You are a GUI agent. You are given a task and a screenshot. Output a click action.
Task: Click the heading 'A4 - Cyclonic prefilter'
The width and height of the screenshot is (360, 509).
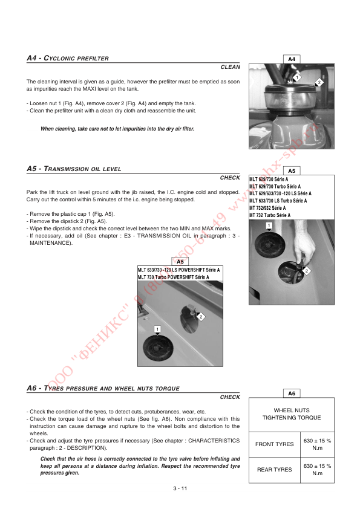pos(68,58)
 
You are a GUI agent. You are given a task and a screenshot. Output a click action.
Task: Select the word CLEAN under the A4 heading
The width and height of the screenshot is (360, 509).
pos(230,66)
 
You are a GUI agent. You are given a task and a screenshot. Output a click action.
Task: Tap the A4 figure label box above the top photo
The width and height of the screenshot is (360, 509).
pos(291,59)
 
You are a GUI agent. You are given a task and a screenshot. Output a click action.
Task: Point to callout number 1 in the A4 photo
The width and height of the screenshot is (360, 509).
pos(296,77)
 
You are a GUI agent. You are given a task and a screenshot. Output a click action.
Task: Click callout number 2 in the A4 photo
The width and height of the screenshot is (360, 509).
pos(319,83)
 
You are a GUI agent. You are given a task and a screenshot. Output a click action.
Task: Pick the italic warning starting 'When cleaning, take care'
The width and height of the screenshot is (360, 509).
pos(117,129)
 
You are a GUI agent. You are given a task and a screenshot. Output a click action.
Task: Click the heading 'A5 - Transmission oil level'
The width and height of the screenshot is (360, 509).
pos(74,169)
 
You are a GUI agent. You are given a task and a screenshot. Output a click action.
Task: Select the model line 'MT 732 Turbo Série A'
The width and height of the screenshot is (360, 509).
pos(270,215)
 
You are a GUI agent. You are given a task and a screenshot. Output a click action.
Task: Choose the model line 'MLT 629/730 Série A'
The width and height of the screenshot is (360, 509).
pos(269,180)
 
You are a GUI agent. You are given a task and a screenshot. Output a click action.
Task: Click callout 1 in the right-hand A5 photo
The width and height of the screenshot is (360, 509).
pos(268,225)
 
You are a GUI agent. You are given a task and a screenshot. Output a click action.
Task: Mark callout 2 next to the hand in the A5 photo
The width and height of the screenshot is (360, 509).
pos(307,271)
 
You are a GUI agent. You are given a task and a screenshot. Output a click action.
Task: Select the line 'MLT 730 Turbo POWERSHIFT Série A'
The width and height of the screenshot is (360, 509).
pos(174,277)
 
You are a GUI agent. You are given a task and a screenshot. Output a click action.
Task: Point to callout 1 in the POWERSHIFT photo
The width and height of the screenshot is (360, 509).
pos(157,328)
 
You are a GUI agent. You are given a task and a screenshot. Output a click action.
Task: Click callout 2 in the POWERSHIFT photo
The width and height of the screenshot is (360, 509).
pos(200,317)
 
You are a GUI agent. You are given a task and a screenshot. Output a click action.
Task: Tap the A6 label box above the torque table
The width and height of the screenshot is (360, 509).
pos(291,393)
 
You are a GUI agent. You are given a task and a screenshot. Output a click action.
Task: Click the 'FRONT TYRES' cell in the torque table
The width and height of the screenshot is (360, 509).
pos(274,444)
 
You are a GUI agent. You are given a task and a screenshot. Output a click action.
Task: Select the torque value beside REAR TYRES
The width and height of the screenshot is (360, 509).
pos(317,470)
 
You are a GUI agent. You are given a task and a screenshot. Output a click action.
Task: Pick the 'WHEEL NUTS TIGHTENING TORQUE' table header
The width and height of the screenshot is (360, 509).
pos(291,413)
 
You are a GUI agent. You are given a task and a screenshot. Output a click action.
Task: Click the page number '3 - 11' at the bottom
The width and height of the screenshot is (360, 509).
pos(180,489)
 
